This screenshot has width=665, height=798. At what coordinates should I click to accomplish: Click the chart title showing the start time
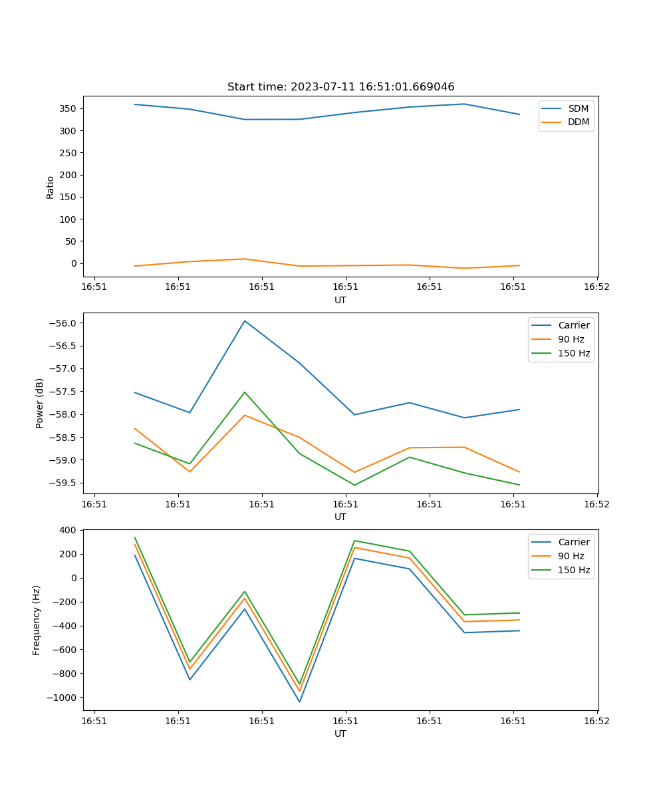tap(340, 87)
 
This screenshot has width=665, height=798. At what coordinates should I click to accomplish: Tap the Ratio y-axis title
tap(51, 188)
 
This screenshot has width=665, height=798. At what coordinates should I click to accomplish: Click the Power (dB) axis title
tap(40, 403)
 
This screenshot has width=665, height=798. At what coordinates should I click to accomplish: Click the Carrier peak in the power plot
tap(245, 321)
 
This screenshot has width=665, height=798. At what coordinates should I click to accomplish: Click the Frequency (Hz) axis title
tap(37, 620)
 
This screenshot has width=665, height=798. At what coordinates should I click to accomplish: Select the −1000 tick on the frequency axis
tap(64, 698)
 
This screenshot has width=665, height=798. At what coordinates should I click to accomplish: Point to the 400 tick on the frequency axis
tap(69, 530)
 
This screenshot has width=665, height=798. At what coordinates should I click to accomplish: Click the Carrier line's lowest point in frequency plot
tap(299, 702)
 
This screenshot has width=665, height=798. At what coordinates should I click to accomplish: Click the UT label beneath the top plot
tap(340, 300)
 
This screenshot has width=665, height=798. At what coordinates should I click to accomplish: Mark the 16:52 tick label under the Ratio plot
tap(597, 288)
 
